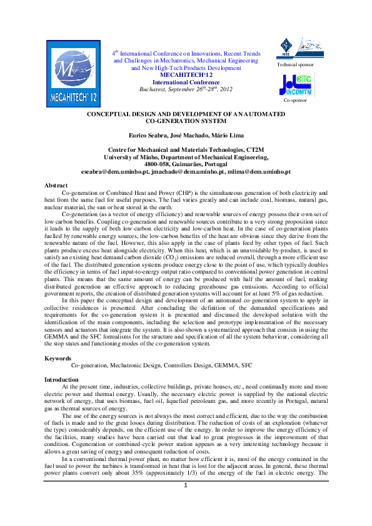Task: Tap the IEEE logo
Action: [x=286, y=46]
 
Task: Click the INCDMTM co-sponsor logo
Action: [x=298, y=84]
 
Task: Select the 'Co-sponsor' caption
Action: [x=294, y=100]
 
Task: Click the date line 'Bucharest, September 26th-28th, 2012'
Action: [x=186, y=89]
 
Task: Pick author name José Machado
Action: [x=186, y=136]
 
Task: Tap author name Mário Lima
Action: [x=223, y=136]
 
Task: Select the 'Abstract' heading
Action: [x=56, y=186]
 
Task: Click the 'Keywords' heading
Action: [x=58, y=358]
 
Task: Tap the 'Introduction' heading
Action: [x=61, y=380]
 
